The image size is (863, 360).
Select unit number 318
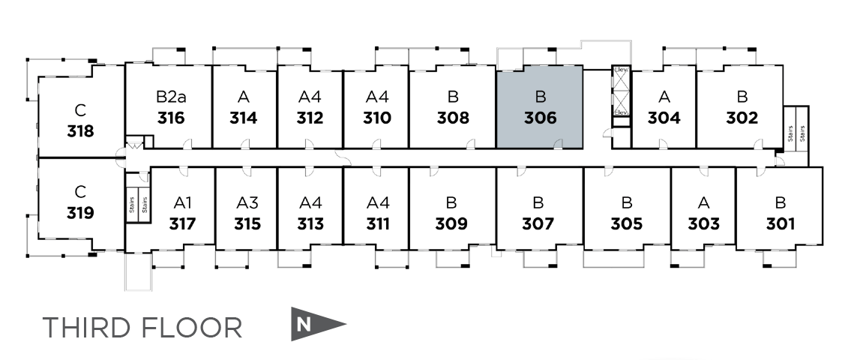tap(80, 132)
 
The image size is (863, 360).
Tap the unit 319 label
tap(80, 213)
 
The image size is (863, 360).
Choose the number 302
tap(742, 118)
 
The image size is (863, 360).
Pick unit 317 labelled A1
tap(182, 223)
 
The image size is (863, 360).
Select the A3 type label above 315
tap(247, 202)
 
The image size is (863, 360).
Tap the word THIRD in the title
tap(89, 328)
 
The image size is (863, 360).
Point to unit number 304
tap(664, 118)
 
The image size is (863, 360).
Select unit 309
tap(451, 223)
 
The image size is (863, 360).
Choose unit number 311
tap(378, 223)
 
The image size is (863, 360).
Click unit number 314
tap(244, 118)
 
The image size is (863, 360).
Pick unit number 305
tap(627, 223)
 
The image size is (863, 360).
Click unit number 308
tap(453, 118)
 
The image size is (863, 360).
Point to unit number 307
tap(538, 223)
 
